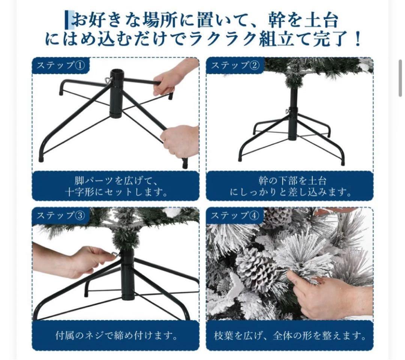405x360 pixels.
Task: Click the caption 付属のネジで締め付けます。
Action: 117,336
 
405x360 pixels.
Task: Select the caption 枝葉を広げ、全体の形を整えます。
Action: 290,336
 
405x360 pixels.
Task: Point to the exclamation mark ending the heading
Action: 358,39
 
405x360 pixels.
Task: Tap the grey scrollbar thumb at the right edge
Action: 400,78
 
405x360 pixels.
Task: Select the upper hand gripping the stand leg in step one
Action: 172,79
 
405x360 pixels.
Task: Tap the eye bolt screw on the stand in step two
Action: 288,112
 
